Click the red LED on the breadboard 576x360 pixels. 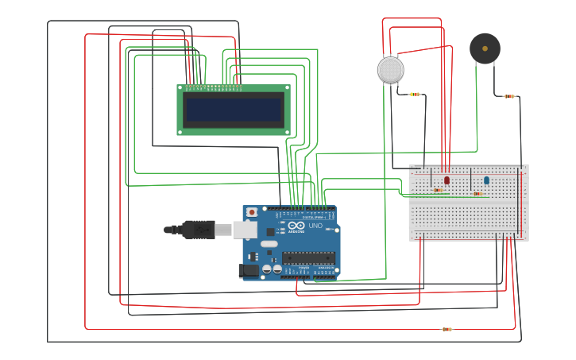pyautogui.click(x=446, y=180)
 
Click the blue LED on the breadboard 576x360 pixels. pyautogui.click(x=486, y=180)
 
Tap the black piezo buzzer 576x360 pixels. pyautogui.click(x=485, y=48)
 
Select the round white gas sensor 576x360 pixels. pyautogui.click(x=390, y=70)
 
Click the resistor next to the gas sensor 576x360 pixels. pyautogui.click(x=414, y=95)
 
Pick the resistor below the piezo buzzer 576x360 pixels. pyautogui.click(x=509, y=96)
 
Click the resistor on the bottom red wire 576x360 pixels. pyautogui.click(x=446, y=329)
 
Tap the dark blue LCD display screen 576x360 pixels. pyautogui.click(x=233, y=110)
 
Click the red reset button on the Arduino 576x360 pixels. pyautogui.click(x=252, y=212)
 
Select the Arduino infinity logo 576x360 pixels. pyautogui.click(x=296, y=226)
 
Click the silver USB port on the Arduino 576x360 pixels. pyautogui.click(x=245, y=230)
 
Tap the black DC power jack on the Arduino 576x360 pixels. pyautogui.click(x=249, y=271)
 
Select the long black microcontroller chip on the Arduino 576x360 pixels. pyautogui.click(x=309, y=257)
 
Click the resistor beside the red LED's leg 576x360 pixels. pyautogui.click(x=438, y=190)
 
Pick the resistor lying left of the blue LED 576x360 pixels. pyautogui.click(x=477, y=193)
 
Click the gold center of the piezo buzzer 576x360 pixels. pyautogui.click(x=485, y=48)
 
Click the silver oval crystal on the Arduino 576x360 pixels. pyautogui.click(x=269, y=244)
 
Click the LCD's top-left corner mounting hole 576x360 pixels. pyautogui.click(x=180, y=87)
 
